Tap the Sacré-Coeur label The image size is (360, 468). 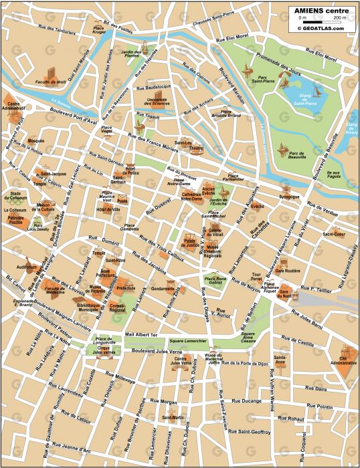tap(333, 234)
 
